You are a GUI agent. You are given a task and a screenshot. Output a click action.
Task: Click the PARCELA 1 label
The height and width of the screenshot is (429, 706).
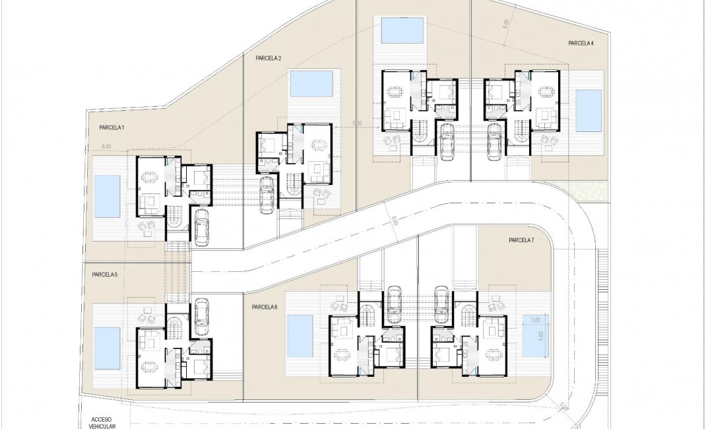pyautogui.click(x=112, y=127)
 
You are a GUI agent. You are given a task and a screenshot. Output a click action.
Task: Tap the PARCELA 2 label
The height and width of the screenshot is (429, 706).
pyautogui.click(x=269, y=58)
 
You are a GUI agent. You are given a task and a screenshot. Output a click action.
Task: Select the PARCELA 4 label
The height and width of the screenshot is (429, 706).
pyautogui.click(x=581, y=43)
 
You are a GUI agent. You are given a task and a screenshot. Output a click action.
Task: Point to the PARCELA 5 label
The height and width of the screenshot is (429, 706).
pyautogui.click(x=104, y=275)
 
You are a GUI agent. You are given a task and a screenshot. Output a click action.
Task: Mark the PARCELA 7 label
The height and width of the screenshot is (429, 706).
pyautogui.click(x=521, y=240)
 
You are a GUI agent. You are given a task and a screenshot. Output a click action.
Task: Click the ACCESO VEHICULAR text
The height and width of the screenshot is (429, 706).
pyautogui.click(x=101, y=422)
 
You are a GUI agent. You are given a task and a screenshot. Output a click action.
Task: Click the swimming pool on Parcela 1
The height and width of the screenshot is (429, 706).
pyautogui.click(x=107, y=196)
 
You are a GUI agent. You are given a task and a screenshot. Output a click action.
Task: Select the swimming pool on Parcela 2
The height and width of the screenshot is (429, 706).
pyautogui.click(x=311, y=84)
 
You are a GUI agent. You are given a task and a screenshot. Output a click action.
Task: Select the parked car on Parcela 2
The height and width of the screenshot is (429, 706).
pyautogui.click(x=267, y=195)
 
